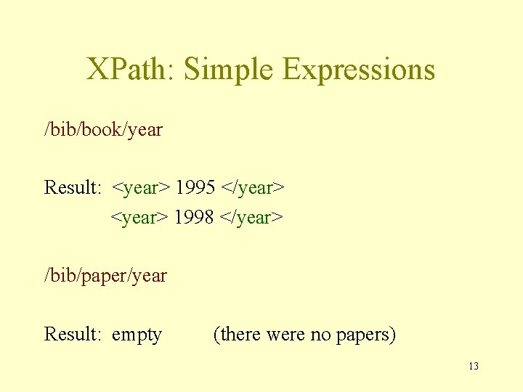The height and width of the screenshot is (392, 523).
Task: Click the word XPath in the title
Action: pyautogui.click(x=127, y=69)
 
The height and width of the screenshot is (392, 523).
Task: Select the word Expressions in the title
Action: pyautogui.click(x=359, y=69)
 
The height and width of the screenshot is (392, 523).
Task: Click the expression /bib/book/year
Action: pyautogui.click(x=103, y=130)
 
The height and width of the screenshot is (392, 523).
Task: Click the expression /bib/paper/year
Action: pyautogui.click(x=105, y=276)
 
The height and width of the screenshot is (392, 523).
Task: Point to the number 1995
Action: pyautogui.click(x=195, y=188)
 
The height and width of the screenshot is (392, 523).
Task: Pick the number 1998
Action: pyautogui.click(x=194, y=217)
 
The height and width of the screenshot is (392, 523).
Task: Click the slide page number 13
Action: pyautogui.click(x=474, y=366)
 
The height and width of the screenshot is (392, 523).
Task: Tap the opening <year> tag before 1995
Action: pyautogui.click(x=141, y=188)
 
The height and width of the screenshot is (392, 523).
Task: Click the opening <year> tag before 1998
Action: pyautogui.click(x=140, y=217)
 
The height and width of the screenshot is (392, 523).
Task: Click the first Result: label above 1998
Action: pyautogui.click(x=73, y=188)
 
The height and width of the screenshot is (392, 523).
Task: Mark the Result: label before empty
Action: pyautogui.click(x=73, y=334)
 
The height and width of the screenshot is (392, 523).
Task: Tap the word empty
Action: pyautogui.click(x=137, y=335)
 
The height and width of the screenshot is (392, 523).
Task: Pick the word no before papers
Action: pyautogui.click(x=320, y=334)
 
